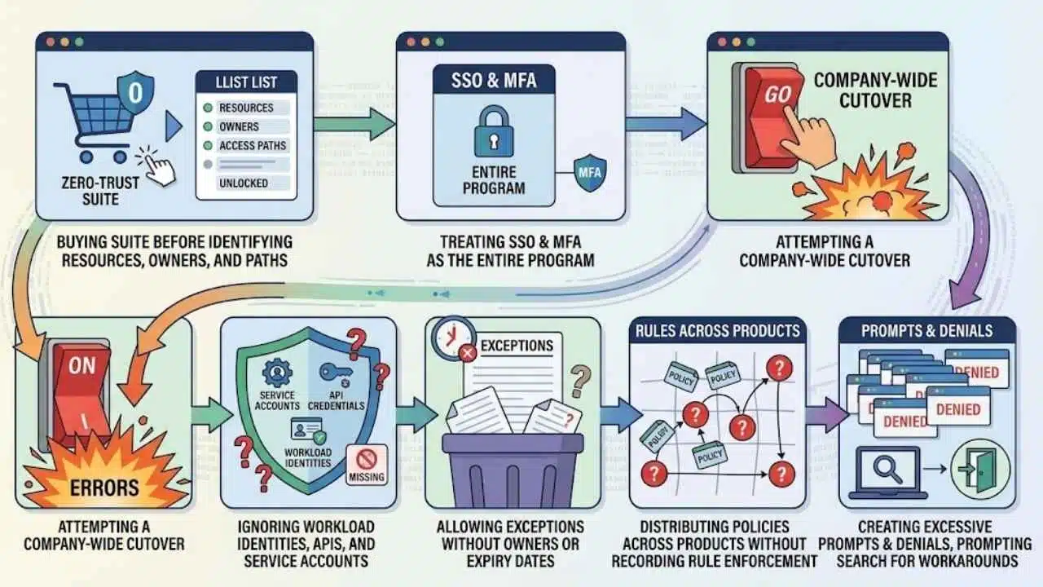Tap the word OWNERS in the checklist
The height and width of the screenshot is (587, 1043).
tap(239, 126)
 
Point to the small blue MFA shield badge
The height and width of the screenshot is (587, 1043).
tap(590, 172)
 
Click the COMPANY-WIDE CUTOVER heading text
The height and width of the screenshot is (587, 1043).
tap(875, 90)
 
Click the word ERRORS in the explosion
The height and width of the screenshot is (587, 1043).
tap(104, 488)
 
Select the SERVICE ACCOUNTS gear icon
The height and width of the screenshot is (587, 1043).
tap(277, 373)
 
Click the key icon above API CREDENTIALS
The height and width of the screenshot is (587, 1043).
tap(336, 373)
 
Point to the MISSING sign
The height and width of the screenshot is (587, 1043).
tap(367, 465)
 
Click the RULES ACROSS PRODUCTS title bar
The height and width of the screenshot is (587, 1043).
tap(718, 330)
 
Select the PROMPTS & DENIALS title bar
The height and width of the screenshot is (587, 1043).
tap(926, 330)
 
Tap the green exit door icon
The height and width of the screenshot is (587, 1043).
tap(979, 470)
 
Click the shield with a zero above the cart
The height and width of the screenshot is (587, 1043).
tap(135, 92)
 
